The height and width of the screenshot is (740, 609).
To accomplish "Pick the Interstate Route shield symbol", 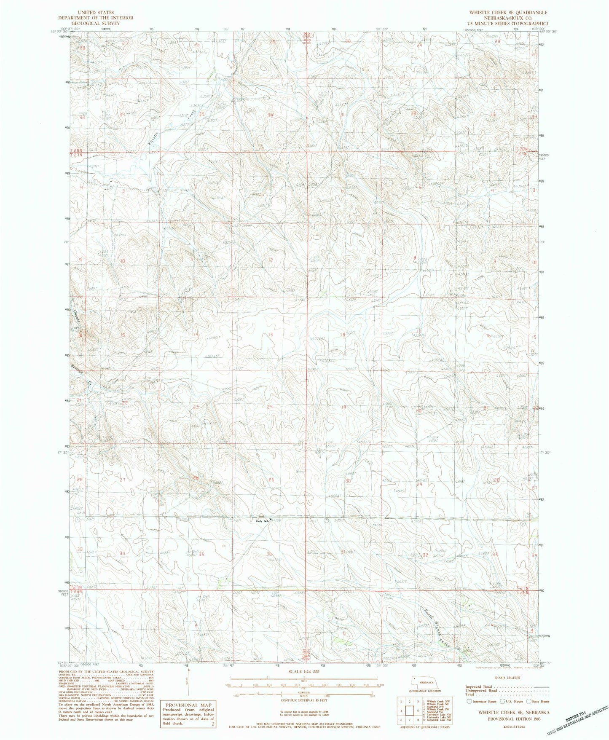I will [469, 701].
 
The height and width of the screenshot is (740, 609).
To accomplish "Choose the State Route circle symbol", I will [530, 701].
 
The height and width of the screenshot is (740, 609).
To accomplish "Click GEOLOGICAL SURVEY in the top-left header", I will [96, 23].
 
